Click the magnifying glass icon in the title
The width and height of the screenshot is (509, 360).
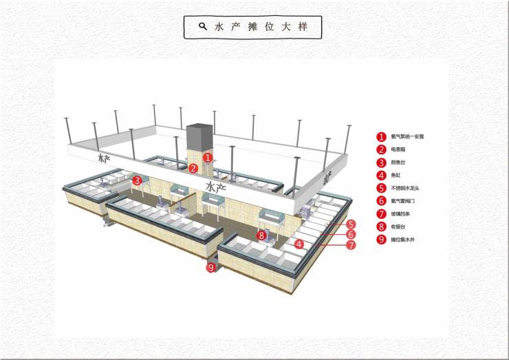(x=203, y=26)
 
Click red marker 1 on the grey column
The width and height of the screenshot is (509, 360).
(x=208, y=158)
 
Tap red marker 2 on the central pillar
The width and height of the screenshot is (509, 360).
(x=193, y=168)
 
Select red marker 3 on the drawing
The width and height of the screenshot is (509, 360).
(x=138, y=181)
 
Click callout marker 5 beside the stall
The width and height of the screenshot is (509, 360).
(x=351, y=224)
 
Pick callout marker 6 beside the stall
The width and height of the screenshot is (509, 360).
(x=351, y=235)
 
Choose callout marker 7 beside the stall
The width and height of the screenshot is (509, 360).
(x=351, y=244)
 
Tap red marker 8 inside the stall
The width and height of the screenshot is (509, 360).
(x=261, y=235)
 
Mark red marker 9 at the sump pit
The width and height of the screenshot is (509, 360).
(x=211, y=267)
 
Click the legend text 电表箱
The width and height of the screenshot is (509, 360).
(x=398, y=149)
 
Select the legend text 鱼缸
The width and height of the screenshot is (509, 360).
(x=396, y=175)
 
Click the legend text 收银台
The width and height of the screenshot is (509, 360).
(x=398, y=226)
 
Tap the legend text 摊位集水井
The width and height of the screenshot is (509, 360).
(x=403, y=240)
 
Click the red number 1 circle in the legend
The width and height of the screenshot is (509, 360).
(x=380, y=137)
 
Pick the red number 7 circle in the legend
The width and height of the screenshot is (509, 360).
(x=380, y=213)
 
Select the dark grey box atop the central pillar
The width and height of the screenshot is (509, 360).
(x=199, y=136)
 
